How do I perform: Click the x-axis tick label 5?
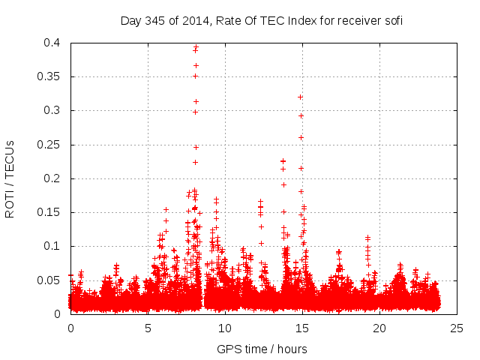coord(148,328)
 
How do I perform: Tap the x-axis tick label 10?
coord(225,328)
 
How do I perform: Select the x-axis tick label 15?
coord(302,328)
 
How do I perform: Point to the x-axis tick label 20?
coord(379,328)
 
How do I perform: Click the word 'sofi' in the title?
coord(393,20)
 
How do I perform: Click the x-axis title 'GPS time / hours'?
coord(262,349)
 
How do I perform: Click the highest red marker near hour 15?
coord(301,97)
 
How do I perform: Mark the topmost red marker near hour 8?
coord(196,47)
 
